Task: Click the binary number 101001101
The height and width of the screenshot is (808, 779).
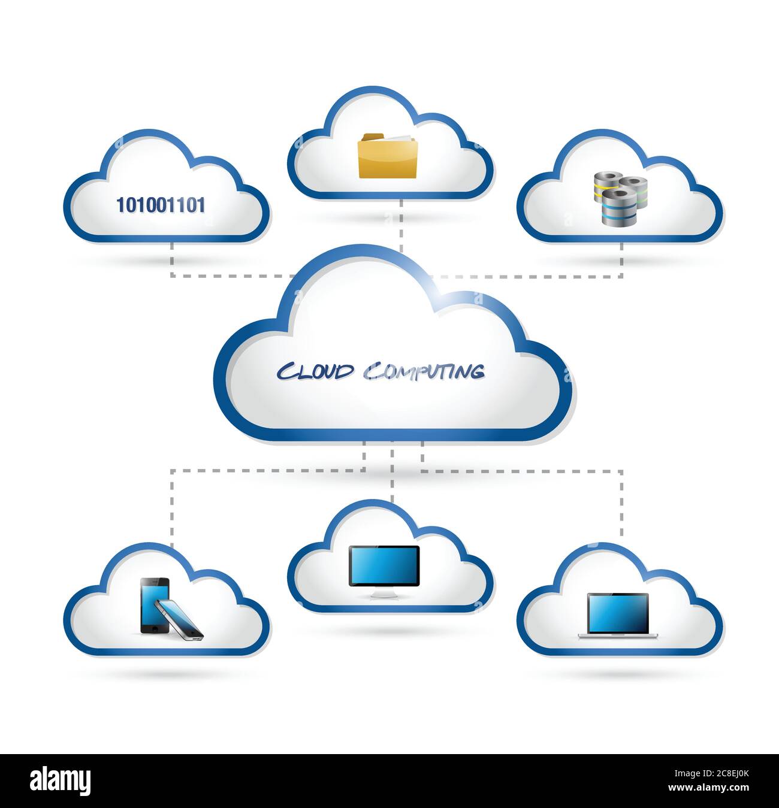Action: point(161,205)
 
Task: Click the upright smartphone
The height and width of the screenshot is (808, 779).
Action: point(153,605)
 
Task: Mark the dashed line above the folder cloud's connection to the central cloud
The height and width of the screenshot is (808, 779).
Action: point(400,228)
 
